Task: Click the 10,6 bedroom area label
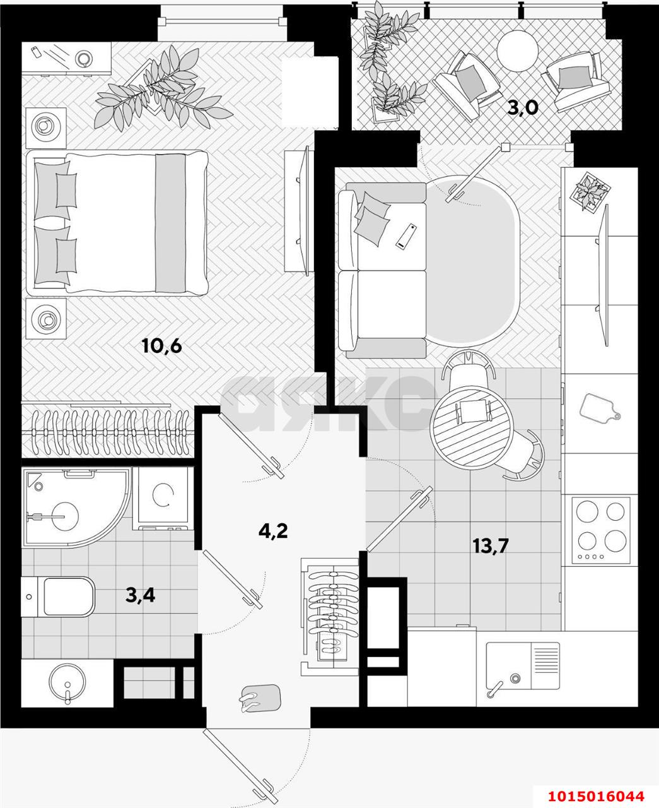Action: (161, 346)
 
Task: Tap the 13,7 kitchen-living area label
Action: (490, 544)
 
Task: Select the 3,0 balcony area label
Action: (523, 108)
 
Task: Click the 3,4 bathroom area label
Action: (140, 595)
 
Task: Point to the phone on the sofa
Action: (405, 235)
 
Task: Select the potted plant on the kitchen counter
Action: (591, 190)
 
